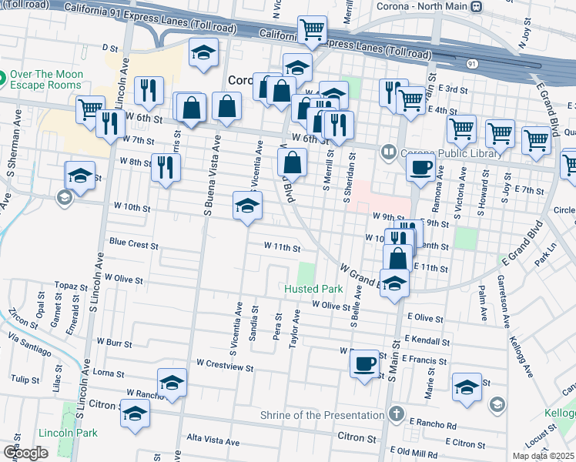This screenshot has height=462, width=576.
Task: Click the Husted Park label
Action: [313, 289]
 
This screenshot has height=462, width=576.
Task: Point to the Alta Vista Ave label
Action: [213, 443]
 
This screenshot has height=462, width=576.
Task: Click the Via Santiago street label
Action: [31, 346]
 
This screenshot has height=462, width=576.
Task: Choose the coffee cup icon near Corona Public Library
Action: [420, 167]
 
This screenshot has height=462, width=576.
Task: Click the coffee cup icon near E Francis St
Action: [365, 361]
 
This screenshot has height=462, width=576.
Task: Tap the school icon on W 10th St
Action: [247, 205]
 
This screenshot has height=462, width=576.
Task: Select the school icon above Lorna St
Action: [172, 381]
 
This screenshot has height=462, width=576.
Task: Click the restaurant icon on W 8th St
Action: [165, 166]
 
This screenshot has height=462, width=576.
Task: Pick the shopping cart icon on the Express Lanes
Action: [313, 30]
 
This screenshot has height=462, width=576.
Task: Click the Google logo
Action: [26, 452]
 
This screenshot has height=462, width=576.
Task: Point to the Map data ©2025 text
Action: [542, 456]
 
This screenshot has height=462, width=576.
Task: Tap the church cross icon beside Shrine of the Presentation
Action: [397, 413]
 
